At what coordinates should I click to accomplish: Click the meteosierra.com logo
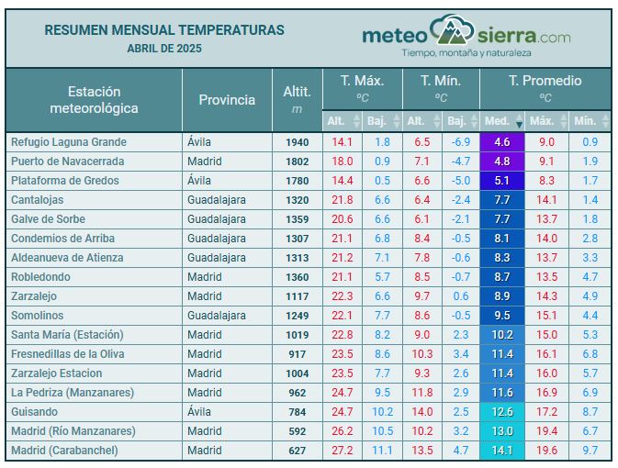(x=466, y=37)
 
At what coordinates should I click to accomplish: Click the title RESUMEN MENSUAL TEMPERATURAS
(x=164, y=30)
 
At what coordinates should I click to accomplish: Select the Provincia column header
(x=227, y=99)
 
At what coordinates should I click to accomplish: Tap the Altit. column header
(x=297, y=99)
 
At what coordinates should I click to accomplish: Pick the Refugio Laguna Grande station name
(x=69, y=142)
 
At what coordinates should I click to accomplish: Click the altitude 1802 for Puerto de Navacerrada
(x=297, y=162)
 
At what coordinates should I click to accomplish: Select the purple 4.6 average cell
(x=501, y=142)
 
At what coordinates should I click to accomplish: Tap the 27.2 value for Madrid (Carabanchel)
(x=342, y=451)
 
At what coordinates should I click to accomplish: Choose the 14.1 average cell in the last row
(x=501, y=451)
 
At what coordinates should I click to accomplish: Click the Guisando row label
(x=35, y=412)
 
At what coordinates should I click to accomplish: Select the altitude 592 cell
(x=297, y=431)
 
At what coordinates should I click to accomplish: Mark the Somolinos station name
(x=39, y=316)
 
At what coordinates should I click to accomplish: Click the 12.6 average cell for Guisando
(x=501, y=412)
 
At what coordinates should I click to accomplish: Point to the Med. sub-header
(x=497, y=120)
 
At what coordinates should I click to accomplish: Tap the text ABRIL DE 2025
(x=164, y=48)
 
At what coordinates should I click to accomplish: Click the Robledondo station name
(x=41, y=277)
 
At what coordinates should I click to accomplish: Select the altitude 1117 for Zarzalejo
(x=297, y=296)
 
